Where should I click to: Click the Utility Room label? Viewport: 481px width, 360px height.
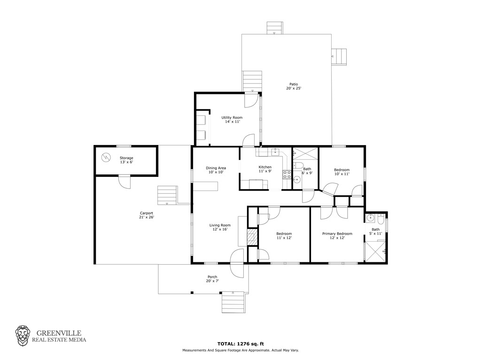pos(232,120)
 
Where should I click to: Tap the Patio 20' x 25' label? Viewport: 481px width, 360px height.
pos(294,86)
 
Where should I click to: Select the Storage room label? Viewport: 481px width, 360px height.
pos(126,160)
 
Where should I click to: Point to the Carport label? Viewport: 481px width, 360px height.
pos(147,215)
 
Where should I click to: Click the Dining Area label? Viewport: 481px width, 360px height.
pos(216,170)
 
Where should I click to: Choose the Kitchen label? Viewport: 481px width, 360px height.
pos(265,169)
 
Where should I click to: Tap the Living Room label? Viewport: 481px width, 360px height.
pos(220,227)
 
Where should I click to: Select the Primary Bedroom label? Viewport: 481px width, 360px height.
pos(337,236)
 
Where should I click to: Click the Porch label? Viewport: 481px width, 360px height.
pos(212,279)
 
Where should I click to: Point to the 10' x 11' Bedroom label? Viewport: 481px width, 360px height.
pos(342,172)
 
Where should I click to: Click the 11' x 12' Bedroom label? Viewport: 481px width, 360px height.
pos(284,236)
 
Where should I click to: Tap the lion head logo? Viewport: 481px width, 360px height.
pos(23,336)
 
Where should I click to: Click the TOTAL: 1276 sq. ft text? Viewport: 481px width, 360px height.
pos(240,344)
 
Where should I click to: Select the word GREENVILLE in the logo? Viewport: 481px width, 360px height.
pos(59,333)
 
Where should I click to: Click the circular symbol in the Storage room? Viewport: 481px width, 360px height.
pos(106,158)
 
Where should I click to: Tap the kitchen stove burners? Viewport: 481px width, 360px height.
pos(287,175)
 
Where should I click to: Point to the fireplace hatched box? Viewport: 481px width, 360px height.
pos(252,237)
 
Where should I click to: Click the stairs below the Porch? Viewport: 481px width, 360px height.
pos(233,302)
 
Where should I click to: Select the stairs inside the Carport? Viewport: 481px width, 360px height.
pos(168,195)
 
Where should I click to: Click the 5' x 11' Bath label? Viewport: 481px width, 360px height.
pos(375,231)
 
